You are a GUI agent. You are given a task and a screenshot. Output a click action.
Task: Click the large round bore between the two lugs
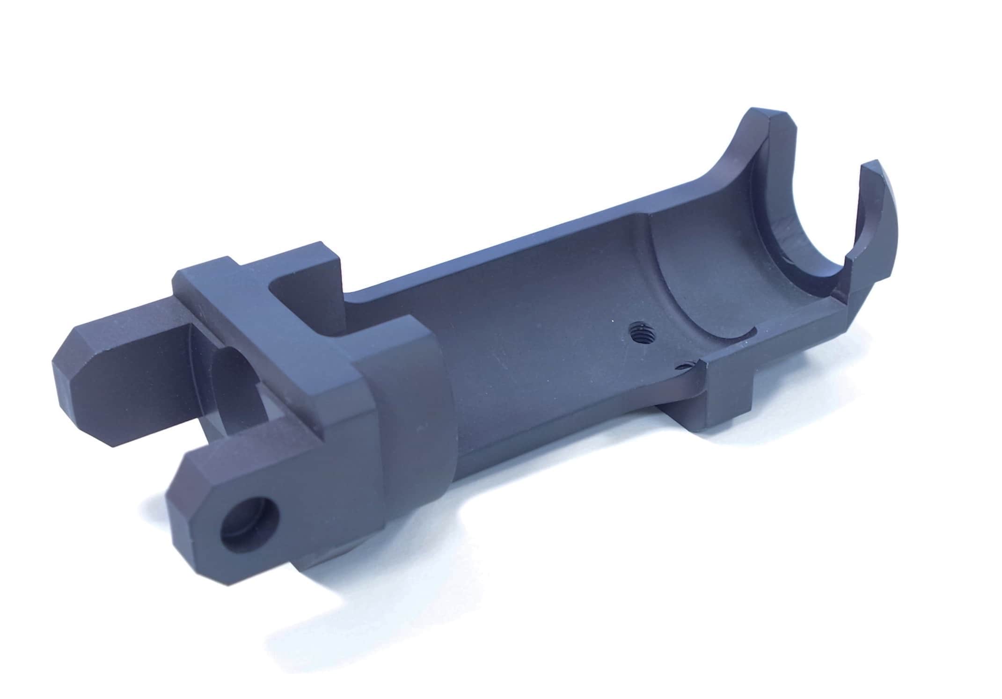coord(234,388)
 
